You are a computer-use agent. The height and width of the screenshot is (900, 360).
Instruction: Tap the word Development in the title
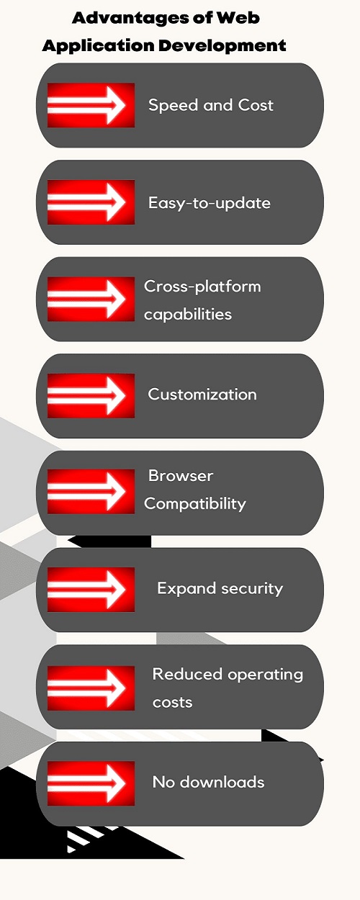click(x=222, y=45)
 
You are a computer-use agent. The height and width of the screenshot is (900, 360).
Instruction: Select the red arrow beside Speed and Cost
click(x=91, y=105)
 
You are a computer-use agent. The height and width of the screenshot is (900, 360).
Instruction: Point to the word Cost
click(x=256, y=105)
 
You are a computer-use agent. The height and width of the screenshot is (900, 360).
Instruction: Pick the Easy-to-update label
click(x=209, y=203)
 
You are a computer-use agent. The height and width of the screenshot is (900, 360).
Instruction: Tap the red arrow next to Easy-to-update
click(x=91, y=202)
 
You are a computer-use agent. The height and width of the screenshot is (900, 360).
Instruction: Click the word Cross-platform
click(x=202, y=287)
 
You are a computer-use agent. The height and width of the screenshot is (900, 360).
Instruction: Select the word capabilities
click(x=188, y=314)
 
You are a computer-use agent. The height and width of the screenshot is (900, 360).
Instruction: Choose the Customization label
click(x=202, y=394)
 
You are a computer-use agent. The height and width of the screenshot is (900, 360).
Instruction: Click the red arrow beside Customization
click(x=91, y=395)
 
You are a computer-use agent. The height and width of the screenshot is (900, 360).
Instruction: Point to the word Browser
click(x=181, y=476)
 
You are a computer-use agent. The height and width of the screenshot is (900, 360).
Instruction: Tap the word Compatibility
click(x=195, y=504)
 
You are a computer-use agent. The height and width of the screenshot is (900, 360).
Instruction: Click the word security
click(x=252, y=589)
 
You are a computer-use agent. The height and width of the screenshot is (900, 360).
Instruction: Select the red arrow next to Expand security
click(x=91, y=589)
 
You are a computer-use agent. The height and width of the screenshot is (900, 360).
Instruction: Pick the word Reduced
click(x=187, y=674)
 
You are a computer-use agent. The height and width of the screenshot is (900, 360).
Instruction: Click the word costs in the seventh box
click(x=172, y=702)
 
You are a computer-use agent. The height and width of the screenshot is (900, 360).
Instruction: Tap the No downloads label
click(x=209, y=782)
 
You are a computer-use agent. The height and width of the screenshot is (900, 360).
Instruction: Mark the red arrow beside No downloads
click(x=91, y=783)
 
